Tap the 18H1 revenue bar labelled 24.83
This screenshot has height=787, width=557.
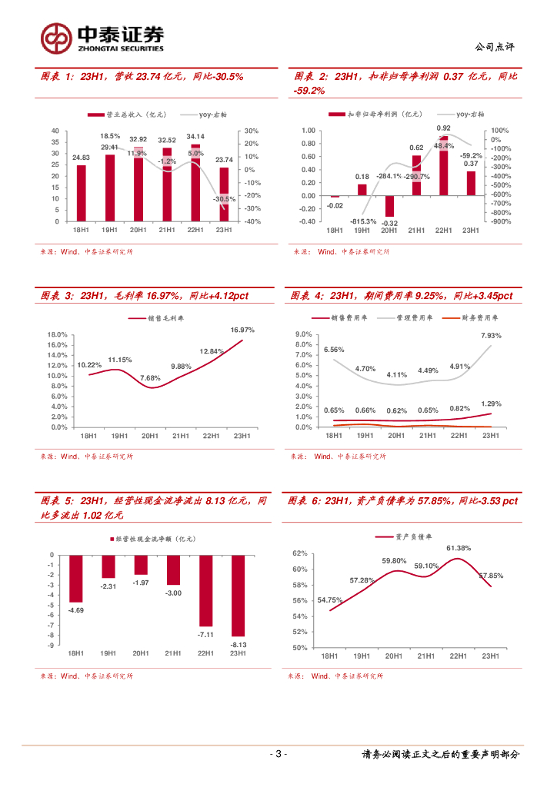coord(81,192)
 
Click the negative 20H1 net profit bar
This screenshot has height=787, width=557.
coord(389,206)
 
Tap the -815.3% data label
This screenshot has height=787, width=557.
coord(362,221)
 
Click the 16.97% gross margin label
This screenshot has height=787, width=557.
coord(242,330)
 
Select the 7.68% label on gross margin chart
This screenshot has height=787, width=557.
coord(150,378)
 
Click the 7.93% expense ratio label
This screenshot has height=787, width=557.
coord(491,335)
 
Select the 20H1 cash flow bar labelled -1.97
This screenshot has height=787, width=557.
coord(141,564)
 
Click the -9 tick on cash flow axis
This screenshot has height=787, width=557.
coord(52,646)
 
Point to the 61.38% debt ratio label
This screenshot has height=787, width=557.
coord(459,548)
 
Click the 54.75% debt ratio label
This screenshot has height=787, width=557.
coord(329,600)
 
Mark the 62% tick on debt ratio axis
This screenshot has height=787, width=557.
coord(300,553)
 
